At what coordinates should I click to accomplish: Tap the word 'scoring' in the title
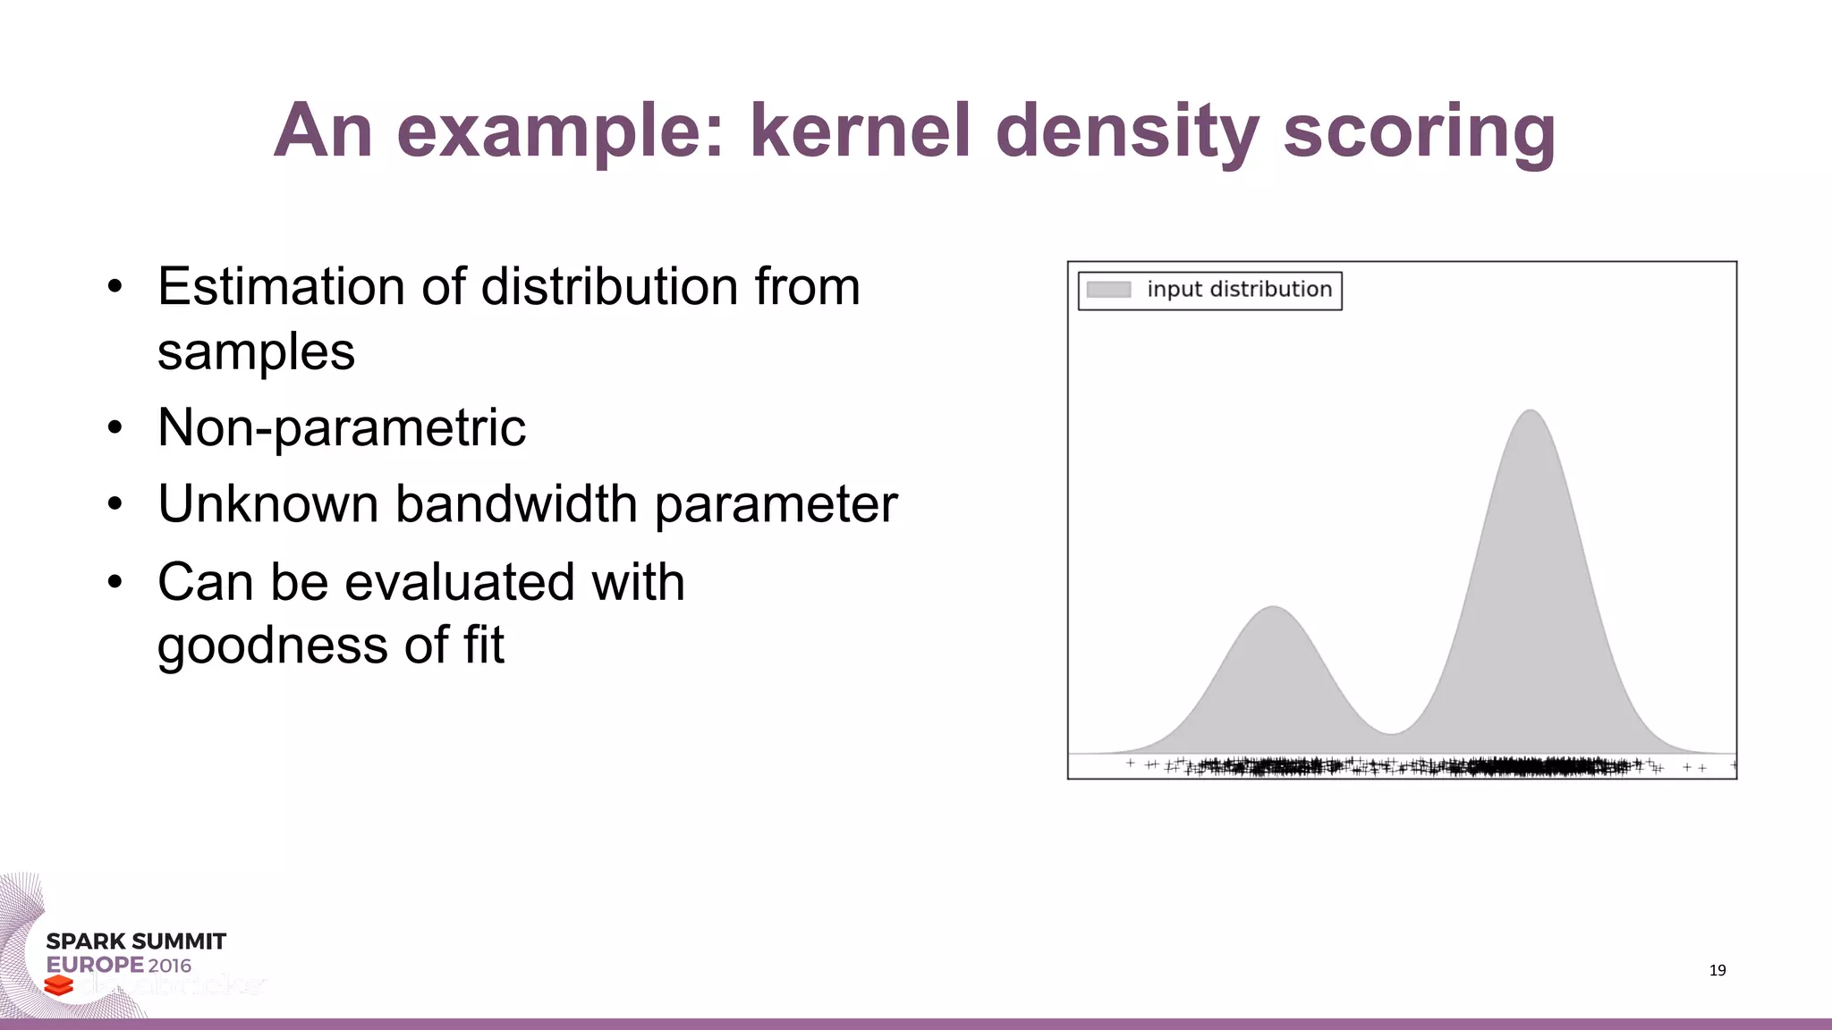(1419, 132)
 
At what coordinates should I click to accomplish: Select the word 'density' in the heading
(1126, 132)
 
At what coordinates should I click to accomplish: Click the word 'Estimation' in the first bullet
(281, 287)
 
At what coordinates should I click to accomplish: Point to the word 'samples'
(256, 352)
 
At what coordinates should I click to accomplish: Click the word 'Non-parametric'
(341, 427)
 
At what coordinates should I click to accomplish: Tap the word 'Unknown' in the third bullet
(267, 504)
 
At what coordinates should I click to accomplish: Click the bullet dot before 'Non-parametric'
(114, 428)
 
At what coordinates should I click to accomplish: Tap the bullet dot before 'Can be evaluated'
(114, 583)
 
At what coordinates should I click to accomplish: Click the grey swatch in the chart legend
(1108, 290)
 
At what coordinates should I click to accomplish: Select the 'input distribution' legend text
(1239, 290)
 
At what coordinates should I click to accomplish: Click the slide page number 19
(1717, 970)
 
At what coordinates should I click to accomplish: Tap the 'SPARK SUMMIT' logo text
(136, 941)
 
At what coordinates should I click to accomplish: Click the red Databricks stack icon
(58, 985)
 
